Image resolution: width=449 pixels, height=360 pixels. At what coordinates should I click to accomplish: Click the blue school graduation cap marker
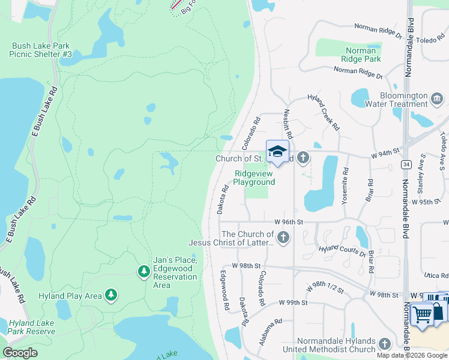pos(277,152)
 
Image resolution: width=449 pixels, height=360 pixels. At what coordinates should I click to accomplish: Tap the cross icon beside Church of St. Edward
pos(303,158)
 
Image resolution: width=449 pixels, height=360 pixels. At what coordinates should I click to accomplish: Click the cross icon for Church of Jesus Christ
pos(283,238)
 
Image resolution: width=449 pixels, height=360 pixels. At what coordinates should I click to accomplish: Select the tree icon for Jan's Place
pos(143,272)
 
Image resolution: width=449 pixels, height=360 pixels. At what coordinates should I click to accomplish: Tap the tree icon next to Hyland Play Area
pos(110,295)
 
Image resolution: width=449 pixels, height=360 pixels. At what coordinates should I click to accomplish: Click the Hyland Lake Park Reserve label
pos(32,327)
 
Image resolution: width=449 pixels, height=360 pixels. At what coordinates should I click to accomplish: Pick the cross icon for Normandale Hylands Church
pos(384,344)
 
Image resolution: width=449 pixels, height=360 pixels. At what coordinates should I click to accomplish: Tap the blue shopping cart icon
pos(422,313)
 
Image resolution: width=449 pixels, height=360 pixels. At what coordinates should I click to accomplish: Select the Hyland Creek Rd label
pos(323,111)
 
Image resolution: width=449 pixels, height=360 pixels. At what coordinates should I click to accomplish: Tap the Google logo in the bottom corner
pos(20,353)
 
